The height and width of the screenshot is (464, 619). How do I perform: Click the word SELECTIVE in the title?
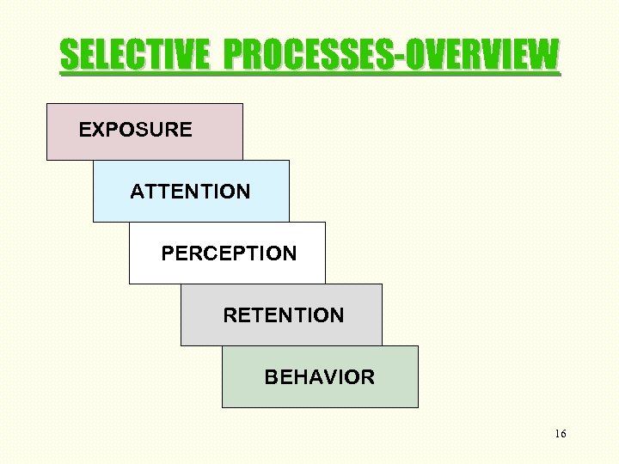click(134, 57)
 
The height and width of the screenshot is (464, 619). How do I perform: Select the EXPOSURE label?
click(136, 130)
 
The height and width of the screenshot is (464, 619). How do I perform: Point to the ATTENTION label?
click(190, 192)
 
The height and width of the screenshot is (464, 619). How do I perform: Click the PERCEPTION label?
click(229, 253)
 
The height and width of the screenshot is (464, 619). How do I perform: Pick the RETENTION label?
click(283, 315)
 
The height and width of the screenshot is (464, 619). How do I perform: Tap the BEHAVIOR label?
click(319, 377)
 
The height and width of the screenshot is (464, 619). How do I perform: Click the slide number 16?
click(561, 434)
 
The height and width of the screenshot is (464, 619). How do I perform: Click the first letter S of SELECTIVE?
click(69, 57)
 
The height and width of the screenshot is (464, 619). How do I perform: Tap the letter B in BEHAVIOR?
click(271, 377)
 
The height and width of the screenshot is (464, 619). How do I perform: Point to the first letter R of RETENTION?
click(230, 315)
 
